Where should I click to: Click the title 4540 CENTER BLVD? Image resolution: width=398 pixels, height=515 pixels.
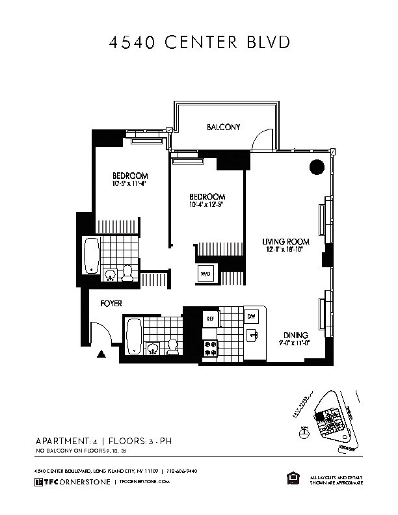(x=198, y=43)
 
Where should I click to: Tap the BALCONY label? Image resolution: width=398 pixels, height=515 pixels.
(x=223, y=127)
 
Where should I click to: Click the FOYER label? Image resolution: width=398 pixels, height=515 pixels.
(x=111, y=304)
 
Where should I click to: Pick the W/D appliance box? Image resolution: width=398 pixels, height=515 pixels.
(x=206, y=274)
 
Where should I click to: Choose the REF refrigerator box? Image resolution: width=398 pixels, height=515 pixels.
(x=210, y=319)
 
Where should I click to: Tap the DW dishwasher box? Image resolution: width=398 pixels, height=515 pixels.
(x=252, y=317)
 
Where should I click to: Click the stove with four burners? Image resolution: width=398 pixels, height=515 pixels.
(x=210, y=347)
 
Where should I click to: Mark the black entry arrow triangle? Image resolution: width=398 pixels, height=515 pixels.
(x=101, y=354)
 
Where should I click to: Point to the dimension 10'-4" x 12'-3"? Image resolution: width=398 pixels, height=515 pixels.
(x=207, y=205)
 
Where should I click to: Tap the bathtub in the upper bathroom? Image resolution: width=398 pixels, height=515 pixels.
(x=92, y=255)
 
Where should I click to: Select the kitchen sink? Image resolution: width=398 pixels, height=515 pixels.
(x=251, y=335)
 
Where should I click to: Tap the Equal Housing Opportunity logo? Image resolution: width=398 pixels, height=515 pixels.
(x=292, y=479)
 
